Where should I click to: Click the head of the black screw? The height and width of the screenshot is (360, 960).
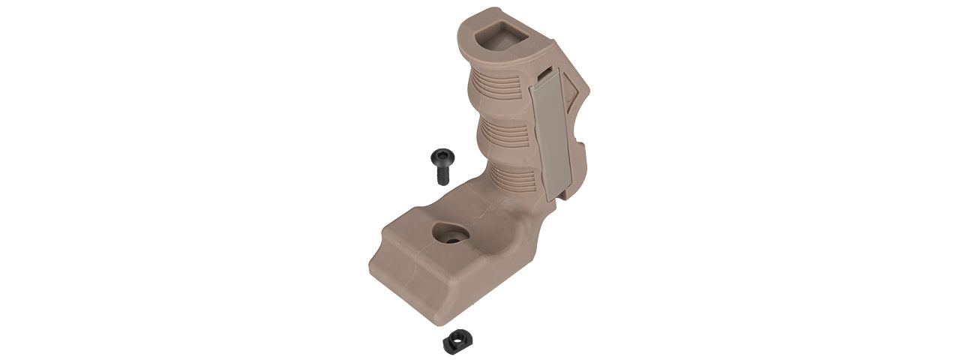click(x=439, y=157)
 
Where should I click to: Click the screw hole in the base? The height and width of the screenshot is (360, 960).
click(x=454, y=235)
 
